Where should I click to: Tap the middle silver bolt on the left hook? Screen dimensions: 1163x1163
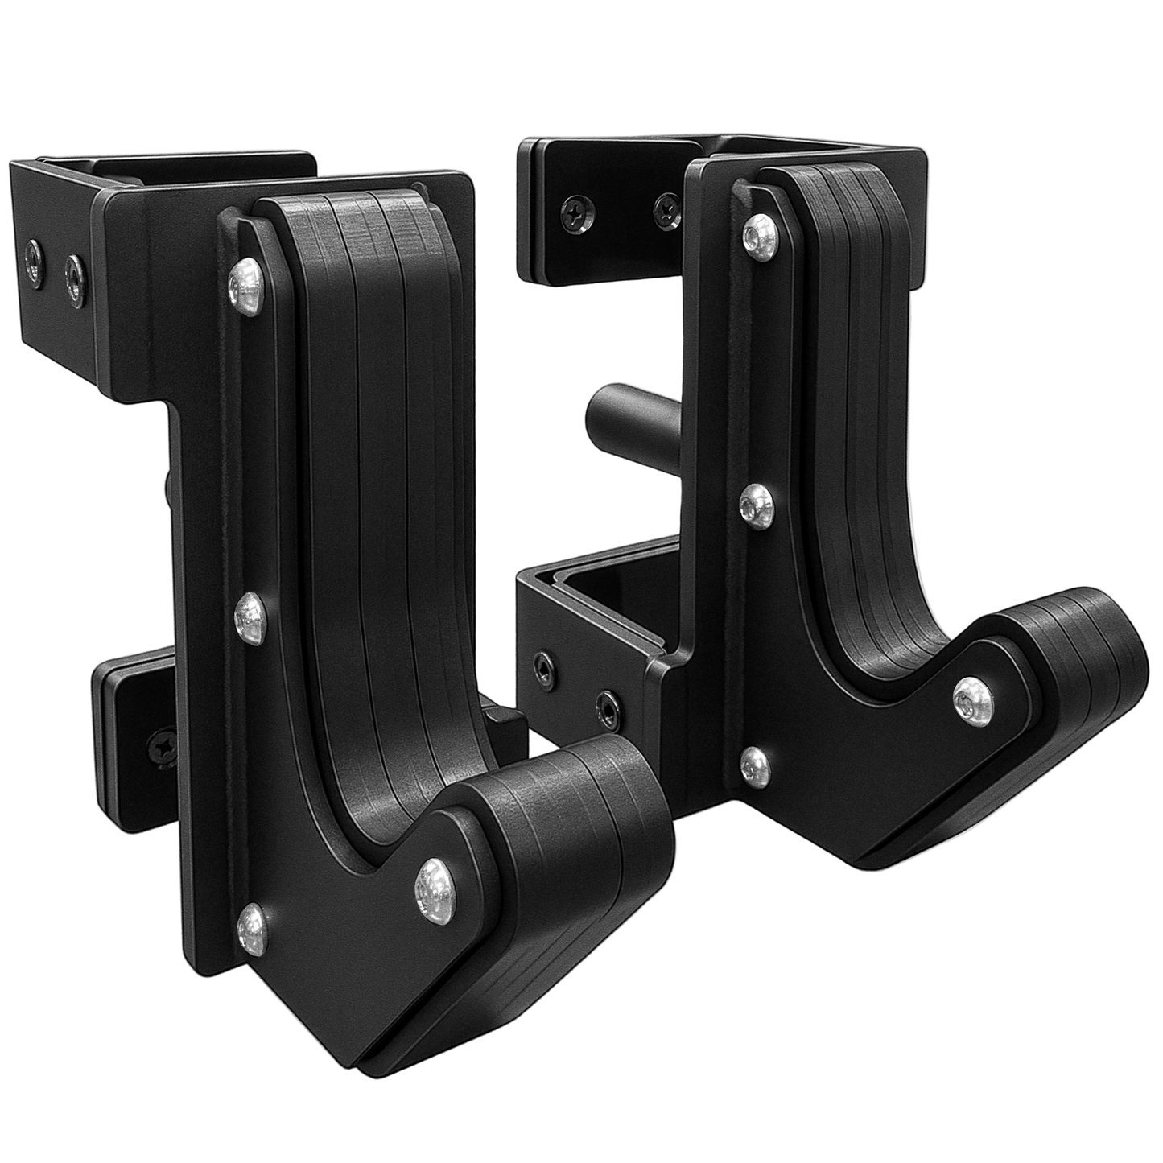[252, 617]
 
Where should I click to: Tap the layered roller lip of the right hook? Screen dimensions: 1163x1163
[1078, 644]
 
